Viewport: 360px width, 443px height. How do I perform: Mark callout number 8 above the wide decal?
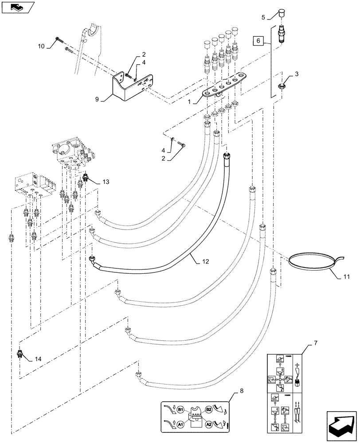click(241, 391)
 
